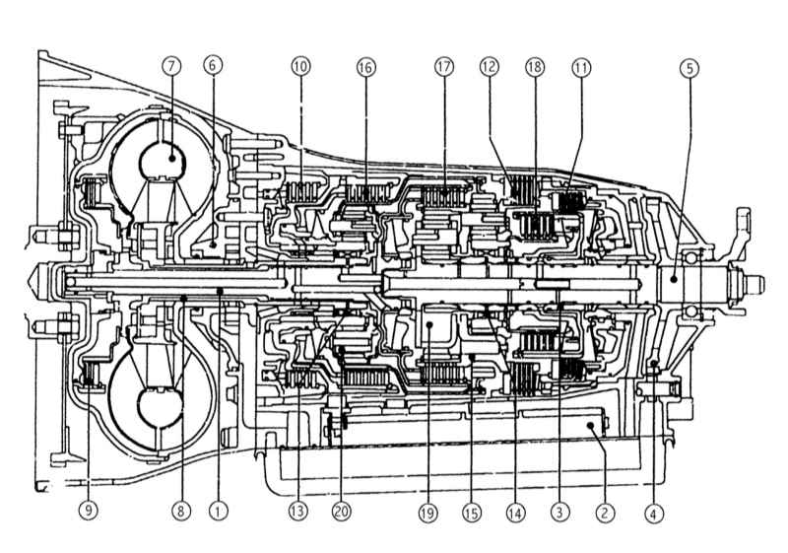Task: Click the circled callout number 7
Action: tap(171, 66)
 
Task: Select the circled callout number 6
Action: tap(213, 65)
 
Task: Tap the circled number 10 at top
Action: tap(300, 66)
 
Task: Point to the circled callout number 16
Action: tap(365, 67)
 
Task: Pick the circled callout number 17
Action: tap(444, 66)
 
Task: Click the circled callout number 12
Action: tap(489, 66)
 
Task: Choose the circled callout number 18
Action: tap(535, 66)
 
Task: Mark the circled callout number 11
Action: tap(581, 67)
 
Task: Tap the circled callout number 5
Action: tap(689, 68)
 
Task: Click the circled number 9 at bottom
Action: tap(89, 511)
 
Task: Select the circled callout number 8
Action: tap(181, 512)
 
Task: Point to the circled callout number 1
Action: tap(218, 512)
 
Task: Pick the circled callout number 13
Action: tap(297, 512)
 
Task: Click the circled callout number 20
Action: tap(341, 512)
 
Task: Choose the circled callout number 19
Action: tap(427, 514)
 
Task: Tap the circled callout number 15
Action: tap(472, 513)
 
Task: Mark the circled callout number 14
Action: tap(515, 513)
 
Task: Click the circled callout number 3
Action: tap(559, 513)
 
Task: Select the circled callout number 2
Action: tap(605, 513)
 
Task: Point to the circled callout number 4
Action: tap(653, 514)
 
